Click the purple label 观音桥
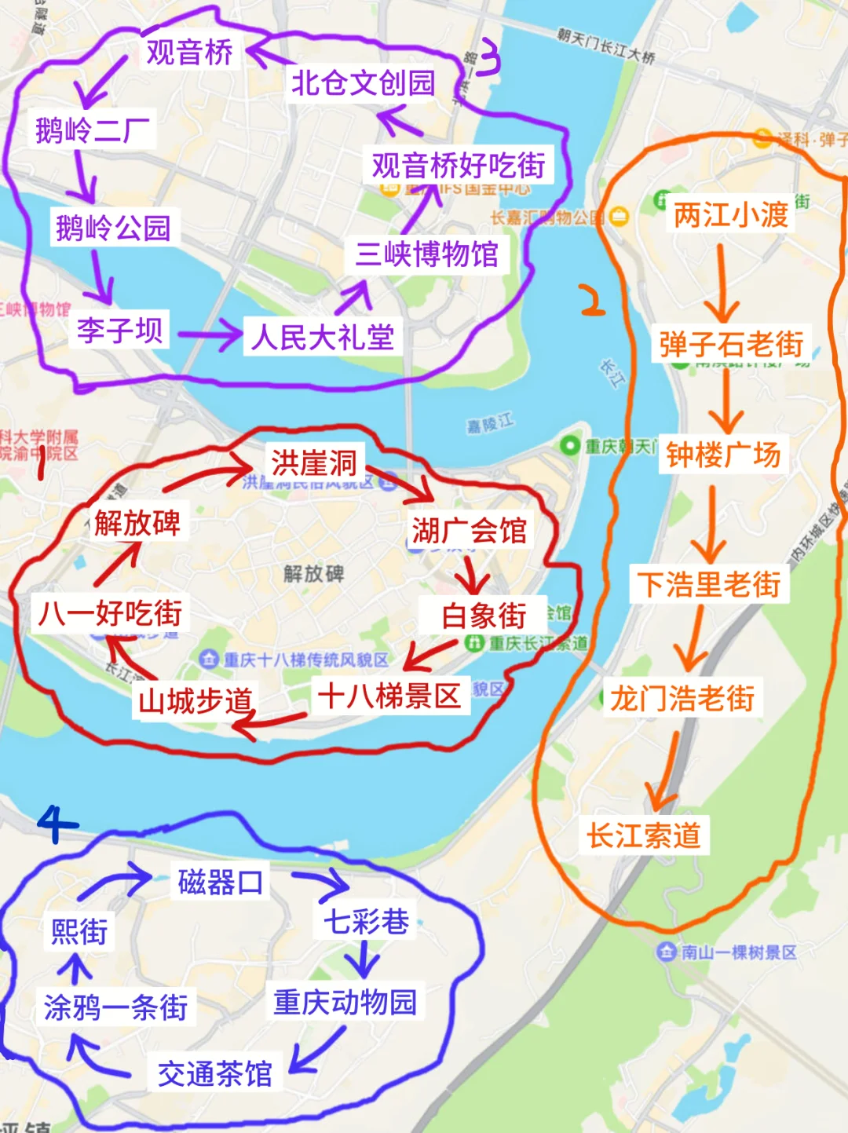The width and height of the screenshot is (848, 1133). [189, 52]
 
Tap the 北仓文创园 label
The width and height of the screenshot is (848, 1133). [363, 82]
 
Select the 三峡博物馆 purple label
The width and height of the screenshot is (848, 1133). [426, 254]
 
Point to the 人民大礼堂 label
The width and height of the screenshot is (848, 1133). [323, 338]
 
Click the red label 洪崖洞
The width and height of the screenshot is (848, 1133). [314, 462]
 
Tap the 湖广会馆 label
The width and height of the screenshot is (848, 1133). [469, 531]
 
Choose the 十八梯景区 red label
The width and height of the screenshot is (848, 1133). [389, 696]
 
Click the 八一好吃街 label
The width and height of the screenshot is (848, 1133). [111, 613]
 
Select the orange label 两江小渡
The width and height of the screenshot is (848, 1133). [730, 214]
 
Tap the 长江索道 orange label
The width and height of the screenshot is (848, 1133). [644, 835]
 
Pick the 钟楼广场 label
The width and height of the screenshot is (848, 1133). [723, 455]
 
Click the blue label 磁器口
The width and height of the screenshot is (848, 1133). [220, 883]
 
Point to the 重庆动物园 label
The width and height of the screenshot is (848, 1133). [345, 1002]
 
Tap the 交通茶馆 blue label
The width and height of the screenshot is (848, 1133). [215, 1073]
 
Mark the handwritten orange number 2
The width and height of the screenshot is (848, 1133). [592, 301]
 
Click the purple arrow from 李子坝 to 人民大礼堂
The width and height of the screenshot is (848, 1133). [210, 335]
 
